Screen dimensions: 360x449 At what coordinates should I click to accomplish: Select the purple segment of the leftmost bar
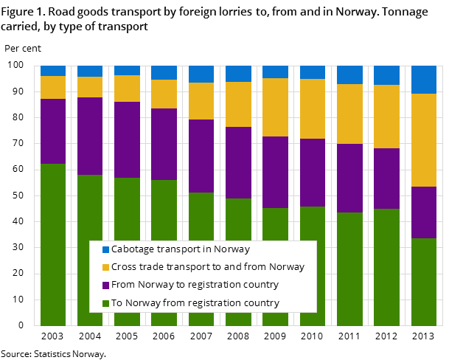point(53,131)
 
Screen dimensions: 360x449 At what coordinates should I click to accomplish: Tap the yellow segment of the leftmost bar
point(53,87)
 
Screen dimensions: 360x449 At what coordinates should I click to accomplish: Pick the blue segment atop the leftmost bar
point(53,71)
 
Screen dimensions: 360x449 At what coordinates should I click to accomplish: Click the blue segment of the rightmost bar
point(423,80)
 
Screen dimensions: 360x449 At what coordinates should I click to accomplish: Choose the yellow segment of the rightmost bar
point(423,140)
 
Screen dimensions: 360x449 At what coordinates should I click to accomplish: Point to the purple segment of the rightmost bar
point(423,212)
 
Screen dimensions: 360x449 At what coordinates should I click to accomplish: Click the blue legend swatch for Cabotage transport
point(105,249)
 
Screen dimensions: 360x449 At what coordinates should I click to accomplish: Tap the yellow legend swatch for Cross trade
point(105,267)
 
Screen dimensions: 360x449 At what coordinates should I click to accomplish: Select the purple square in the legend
point(105,285)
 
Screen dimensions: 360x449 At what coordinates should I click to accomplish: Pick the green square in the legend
point(105,303)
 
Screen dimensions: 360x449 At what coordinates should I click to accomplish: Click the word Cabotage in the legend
point(133,249)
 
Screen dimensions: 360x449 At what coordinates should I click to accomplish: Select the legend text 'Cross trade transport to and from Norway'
point(208,267)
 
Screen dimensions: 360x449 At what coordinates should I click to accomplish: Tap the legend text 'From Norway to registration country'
point(195,285)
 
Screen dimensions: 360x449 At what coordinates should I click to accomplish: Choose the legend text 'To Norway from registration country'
point(195,303)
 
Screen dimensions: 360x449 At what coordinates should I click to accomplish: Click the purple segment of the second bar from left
point(90,136)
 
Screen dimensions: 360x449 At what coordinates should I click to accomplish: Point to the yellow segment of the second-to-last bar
point(386,117)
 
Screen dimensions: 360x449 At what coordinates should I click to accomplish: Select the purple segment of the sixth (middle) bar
point(238,162)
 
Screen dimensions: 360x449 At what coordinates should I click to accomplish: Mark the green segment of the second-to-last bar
point(386,267)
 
